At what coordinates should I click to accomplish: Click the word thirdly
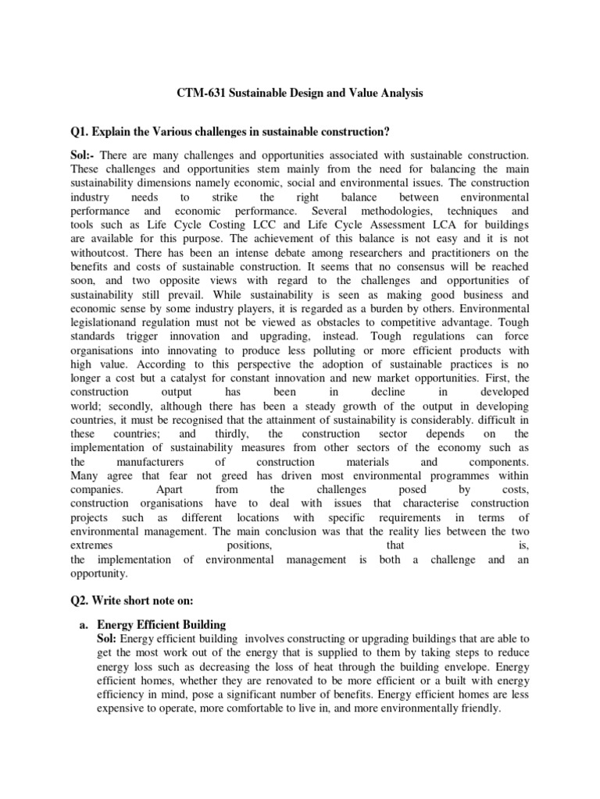tap(229, 434)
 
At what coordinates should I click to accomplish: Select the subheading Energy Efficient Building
tap(162, 625)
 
